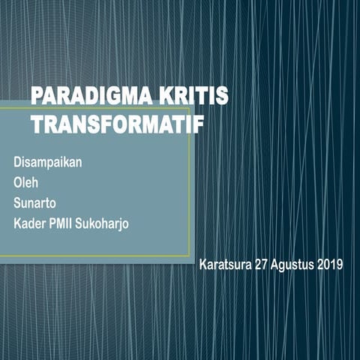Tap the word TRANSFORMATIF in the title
point(117,124)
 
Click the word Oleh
point(25,181)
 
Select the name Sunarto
point(35,202)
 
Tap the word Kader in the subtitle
point(28,222)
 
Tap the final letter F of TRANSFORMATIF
point(198,124)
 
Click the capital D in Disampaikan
point(18,161)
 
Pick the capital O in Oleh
point(18,181)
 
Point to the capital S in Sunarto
point(17,202)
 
